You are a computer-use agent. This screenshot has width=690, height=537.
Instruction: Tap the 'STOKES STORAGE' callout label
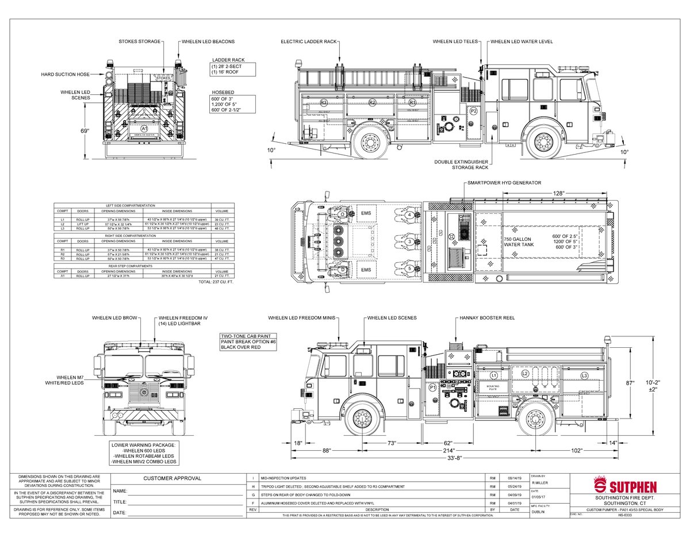pos(140,42)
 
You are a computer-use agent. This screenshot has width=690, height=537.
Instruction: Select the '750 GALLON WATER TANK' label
pos(519,241)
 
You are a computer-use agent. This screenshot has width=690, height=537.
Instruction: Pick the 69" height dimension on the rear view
pos(85,131)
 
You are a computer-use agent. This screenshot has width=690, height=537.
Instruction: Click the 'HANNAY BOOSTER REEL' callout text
pos(487,318)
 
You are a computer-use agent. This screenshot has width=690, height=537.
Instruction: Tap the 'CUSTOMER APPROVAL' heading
pos(172,478)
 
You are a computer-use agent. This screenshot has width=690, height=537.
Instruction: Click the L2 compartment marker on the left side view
pos(524,373)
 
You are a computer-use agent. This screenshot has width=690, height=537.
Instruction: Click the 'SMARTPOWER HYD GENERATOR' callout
pos(504,183)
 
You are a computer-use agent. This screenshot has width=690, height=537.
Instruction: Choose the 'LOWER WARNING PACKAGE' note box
pos(144,453)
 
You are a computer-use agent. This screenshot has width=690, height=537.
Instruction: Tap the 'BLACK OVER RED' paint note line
pos(241,348)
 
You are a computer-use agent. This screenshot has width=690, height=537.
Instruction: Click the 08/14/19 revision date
pos(515,478)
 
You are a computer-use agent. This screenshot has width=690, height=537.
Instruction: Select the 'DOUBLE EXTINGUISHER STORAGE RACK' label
pos(461,165)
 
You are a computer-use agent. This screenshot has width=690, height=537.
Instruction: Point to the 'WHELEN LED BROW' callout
pos(114,318)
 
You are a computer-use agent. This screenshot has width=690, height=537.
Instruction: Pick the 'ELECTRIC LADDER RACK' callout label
pos(308,42)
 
